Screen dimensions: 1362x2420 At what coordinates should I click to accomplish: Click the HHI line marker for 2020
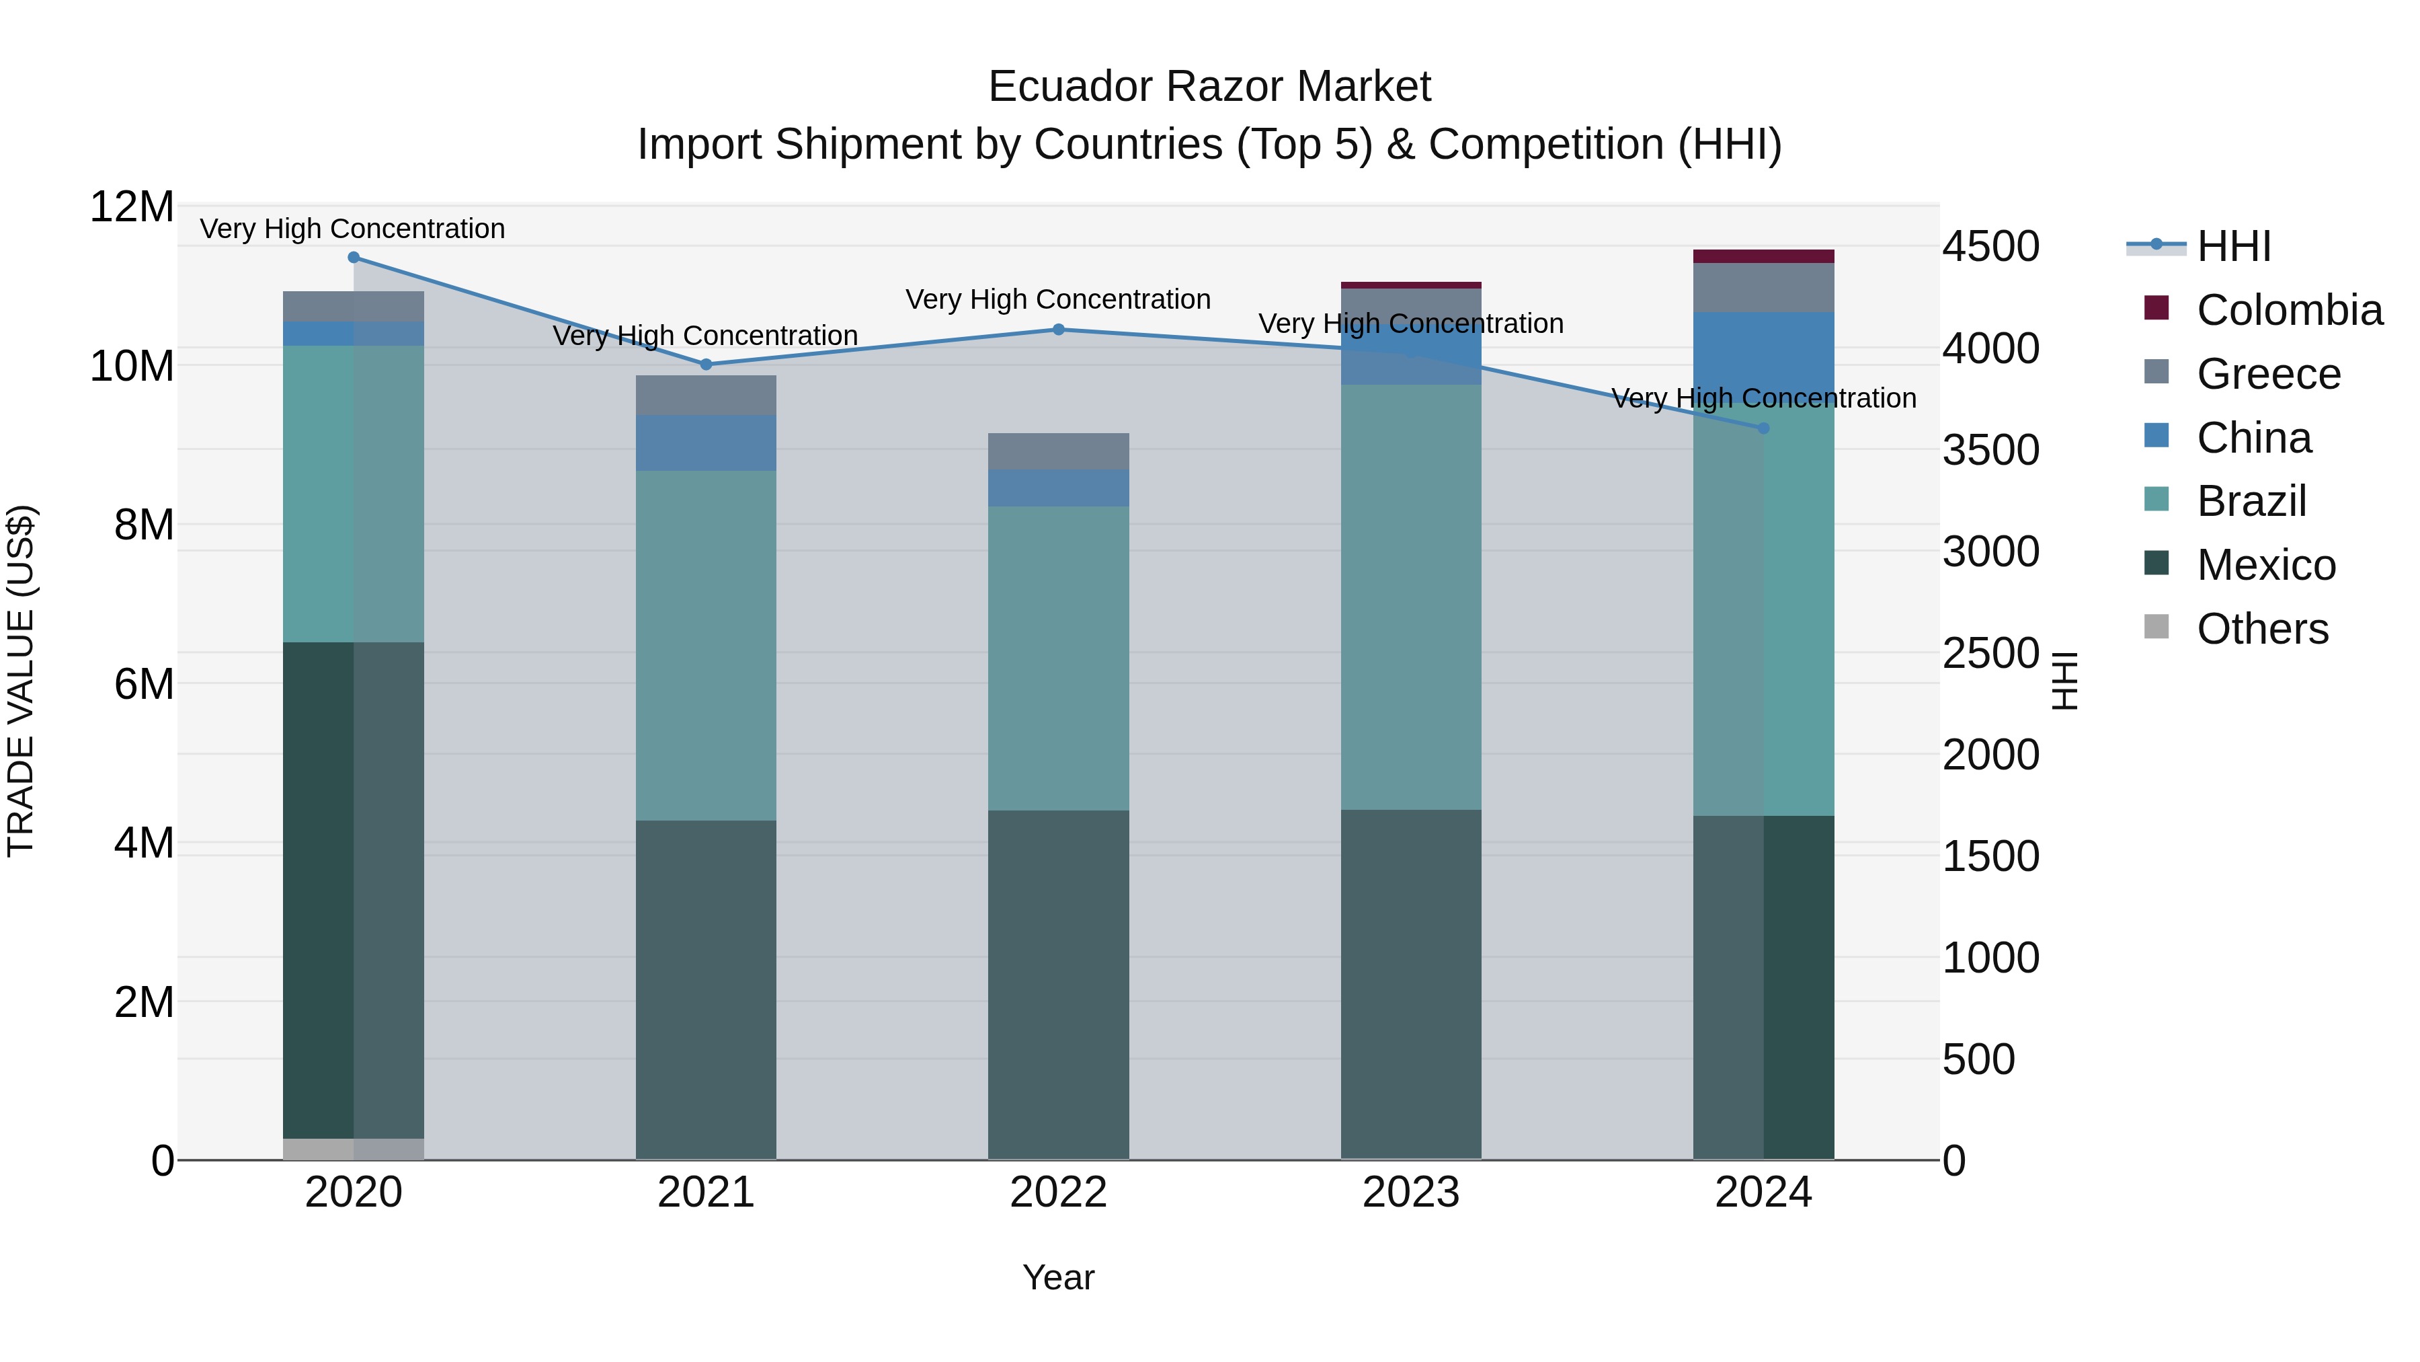[353, 258]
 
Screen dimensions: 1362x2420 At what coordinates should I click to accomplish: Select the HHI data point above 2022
[1058, 330]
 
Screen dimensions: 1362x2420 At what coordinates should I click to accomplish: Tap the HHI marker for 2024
[1763, 428]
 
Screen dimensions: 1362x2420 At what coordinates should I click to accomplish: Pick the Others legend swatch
[2157, 627]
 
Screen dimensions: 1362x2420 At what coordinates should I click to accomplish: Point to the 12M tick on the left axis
[132, 206]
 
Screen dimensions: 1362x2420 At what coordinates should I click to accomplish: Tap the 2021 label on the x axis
[706, 1193]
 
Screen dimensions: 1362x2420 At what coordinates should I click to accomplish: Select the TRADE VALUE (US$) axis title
[21, 681]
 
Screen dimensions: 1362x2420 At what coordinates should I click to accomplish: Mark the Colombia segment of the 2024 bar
[1763, 257]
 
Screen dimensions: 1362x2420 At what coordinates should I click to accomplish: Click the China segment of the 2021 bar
[706, 443]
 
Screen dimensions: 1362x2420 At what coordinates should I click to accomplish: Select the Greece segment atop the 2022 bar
[1058, 451]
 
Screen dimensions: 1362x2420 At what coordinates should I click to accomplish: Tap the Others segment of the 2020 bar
[353, 1149]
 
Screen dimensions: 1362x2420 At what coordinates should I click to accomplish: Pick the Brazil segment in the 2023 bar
[1410, 597]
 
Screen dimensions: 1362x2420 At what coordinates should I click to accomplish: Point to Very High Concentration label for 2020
[352, 229]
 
